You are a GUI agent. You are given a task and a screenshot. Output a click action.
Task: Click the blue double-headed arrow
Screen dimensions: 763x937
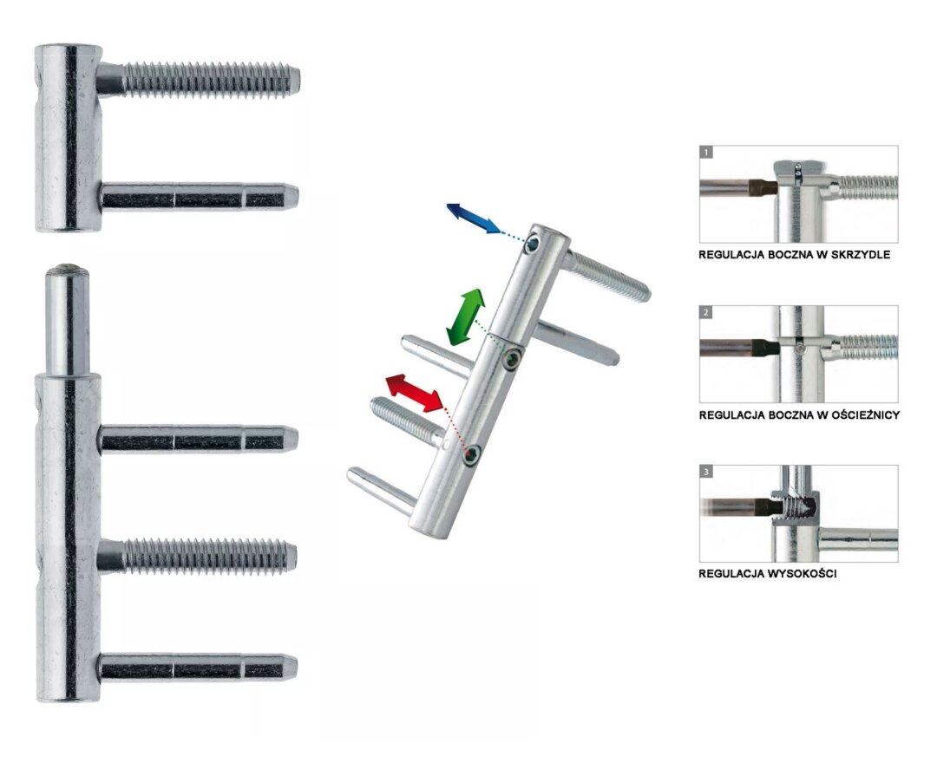[473, 218]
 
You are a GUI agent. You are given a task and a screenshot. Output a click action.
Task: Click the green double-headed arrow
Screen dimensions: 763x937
[465, 316]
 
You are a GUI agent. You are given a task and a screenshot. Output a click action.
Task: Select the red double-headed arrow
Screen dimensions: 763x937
[415, 394]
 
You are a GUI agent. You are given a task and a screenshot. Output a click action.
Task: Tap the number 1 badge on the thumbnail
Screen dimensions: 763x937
[708, 152]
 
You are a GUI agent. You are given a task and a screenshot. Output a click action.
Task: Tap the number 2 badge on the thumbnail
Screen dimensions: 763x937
[708, 312]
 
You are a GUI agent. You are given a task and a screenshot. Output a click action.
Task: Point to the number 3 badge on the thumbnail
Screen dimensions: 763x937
[708, 472]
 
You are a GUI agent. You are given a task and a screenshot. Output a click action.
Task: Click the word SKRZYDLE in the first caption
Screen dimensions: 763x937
[859, 256]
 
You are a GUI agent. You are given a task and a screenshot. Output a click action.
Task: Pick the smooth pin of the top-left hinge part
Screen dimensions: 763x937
[200, 197]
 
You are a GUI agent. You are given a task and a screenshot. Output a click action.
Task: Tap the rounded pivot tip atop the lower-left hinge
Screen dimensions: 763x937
[66, 271]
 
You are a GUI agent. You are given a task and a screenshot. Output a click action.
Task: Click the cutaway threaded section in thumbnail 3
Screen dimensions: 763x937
[796, 506]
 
